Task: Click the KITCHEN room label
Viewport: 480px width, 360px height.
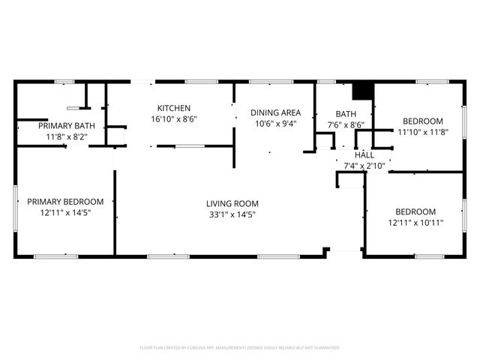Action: pos(173,108)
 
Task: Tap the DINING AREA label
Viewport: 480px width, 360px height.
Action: pos(276,112)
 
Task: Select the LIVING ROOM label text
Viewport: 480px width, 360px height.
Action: pos(232,203)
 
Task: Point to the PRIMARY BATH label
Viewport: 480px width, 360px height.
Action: pos(65,126)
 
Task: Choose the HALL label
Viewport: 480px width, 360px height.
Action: pos(364,154)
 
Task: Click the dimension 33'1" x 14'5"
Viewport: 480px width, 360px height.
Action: pos(232,214)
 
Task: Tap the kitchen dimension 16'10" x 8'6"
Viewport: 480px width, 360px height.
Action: pos(173,119)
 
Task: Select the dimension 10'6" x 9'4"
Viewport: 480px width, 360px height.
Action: pos(276,124)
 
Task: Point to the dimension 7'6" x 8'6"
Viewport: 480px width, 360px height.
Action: pos(345,125)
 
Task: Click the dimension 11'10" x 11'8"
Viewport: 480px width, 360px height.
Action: pos(422,132)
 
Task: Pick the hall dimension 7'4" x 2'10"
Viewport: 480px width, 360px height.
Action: pos(364,166)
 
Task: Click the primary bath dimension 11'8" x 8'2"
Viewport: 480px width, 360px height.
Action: pos(65,137)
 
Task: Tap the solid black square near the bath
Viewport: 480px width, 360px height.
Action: pos(363,89)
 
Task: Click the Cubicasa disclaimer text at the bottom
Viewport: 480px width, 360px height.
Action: pos(240,348)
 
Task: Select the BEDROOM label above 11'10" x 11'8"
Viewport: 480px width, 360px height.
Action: pos(422,121)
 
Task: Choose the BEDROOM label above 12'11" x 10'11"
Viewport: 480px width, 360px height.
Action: pos(415,211)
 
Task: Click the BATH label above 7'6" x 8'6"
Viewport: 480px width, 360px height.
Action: pos(345,114)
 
